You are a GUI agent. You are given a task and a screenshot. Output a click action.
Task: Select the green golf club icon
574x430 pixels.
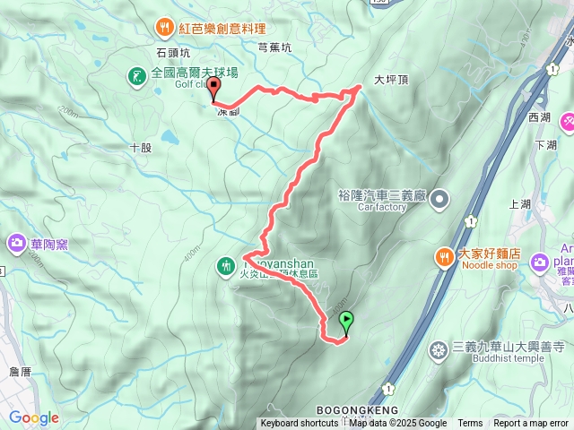point(136,76)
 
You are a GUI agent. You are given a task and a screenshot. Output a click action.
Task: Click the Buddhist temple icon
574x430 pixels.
point(439,349)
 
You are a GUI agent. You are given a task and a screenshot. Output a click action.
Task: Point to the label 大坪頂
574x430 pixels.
point(391,79)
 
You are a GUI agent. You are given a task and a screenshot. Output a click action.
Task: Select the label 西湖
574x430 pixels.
point(540,117)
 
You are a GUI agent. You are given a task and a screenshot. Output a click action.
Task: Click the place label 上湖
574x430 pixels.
point(520,204)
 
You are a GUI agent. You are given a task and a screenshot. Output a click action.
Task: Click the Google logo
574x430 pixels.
point(33,417)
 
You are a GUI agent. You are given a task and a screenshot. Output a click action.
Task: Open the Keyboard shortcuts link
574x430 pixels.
point(300,424)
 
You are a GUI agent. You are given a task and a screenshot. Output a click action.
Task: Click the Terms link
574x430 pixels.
point(470,424)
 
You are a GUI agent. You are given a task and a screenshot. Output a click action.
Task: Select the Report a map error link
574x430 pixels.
point(532,424)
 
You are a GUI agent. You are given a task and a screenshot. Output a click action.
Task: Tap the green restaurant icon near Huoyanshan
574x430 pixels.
point(225,265)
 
